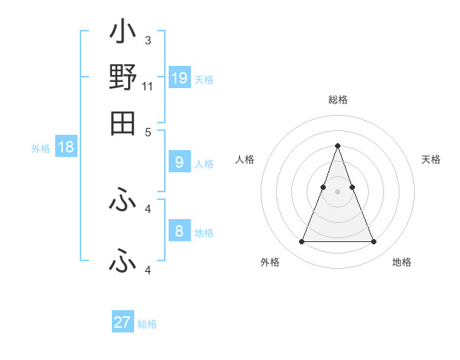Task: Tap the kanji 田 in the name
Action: [x=123, y=122]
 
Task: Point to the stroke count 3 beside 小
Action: [x=147, y=40]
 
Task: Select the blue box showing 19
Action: [x=179, y=78]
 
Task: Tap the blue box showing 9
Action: [x=179, y=162]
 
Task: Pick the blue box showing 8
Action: [x=179, y=231]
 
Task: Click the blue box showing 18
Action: [x=66, y=148]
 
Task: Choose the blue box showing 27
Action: [x=123, y=322]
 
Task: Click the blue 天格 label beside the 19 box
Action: [x=204, y=80]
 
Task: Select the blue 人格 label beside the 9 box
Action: [x=204, y=164]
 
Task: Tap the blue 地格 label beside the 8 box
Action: [x=204, y=233]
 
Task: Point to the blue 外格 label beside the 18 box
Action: [x=41, y=149]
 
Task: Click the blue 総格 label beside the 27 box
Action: [x=147, y=324]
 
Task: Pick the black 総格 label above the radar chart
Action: [x=337, y=100]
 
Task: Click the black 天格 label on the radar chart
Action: [x=432, y=159]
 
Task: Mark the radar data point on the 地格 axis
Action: [x=374, y=242]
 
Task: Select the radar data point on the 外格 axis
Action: [x=301, y=242]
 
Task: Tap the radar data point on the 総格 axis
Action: [x=337, y=146]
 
